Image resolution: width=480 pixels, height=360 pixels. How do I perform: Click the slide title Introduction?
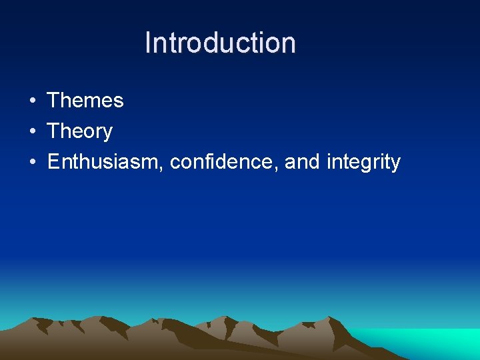tap(220, 43)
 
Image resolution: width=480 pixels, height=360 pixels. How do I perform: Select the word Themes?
tap(85, 101)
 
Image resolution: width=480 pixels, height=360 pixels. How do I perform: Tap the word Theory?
tap(80, 131)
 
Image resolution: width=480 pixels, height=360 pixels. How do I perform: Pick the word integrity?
tap(363, 163)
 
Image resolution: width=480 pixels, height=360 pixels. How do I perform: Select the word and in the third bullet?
tap(302, 162)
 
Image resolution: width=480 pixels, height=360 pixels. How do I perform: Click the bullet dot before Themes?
tap(32, 101)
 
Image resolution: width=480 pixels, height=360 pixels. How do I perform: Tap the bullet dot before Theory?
tap(32, 132)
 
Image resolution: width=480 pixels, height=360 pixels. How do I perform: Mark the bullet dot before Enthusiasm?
tap(32, 163)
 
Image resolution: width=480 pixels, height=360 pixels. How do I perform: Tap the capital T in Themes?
tap(54, 101)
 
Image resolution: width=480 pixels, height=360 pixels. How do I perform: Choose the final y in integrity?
tap(395, 165)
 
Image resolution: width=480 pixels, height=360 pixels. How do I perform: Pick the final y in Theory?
tap(107, 134)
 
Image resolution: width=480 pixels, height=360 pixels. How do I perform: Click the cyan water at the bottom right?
tap(440, 343)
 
